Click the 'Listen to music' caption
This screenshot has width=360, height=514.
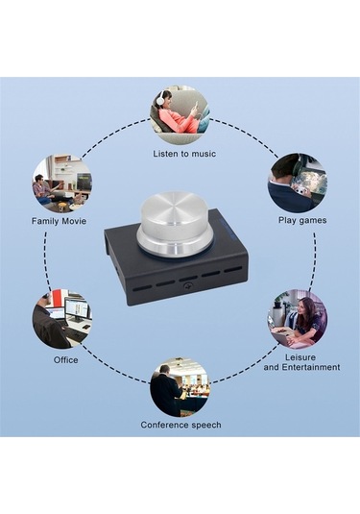click(184, 154)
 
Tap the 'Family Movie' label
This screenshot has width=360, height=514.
click(59, 221)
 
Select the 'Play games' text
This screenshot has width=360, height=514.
click(302, 220)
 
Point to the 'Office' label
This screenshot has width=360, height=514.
click(66, 360)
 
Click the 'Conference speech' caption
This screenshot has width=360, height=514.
click(180, 425)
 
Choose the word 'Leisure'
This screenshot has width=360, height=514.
click(300, 357)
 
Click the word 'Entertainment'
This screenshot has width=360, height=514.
click(311, 367)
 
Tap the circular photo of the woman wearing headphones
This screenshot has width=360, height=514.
click(180, 114)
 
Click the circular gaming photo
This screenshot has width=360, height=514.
click(298, 183)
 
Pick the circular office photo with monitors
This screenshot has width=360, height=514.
click(61, 318)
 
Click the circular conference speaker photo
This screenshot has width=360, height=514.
click(180, 388)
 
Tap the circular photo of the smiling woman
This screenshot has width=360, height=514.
click(298, 319)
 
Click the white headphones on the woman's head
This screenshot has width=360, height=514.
click(160, 98)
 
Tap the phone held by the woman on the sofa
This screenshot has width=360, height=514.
click(196, 106)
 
